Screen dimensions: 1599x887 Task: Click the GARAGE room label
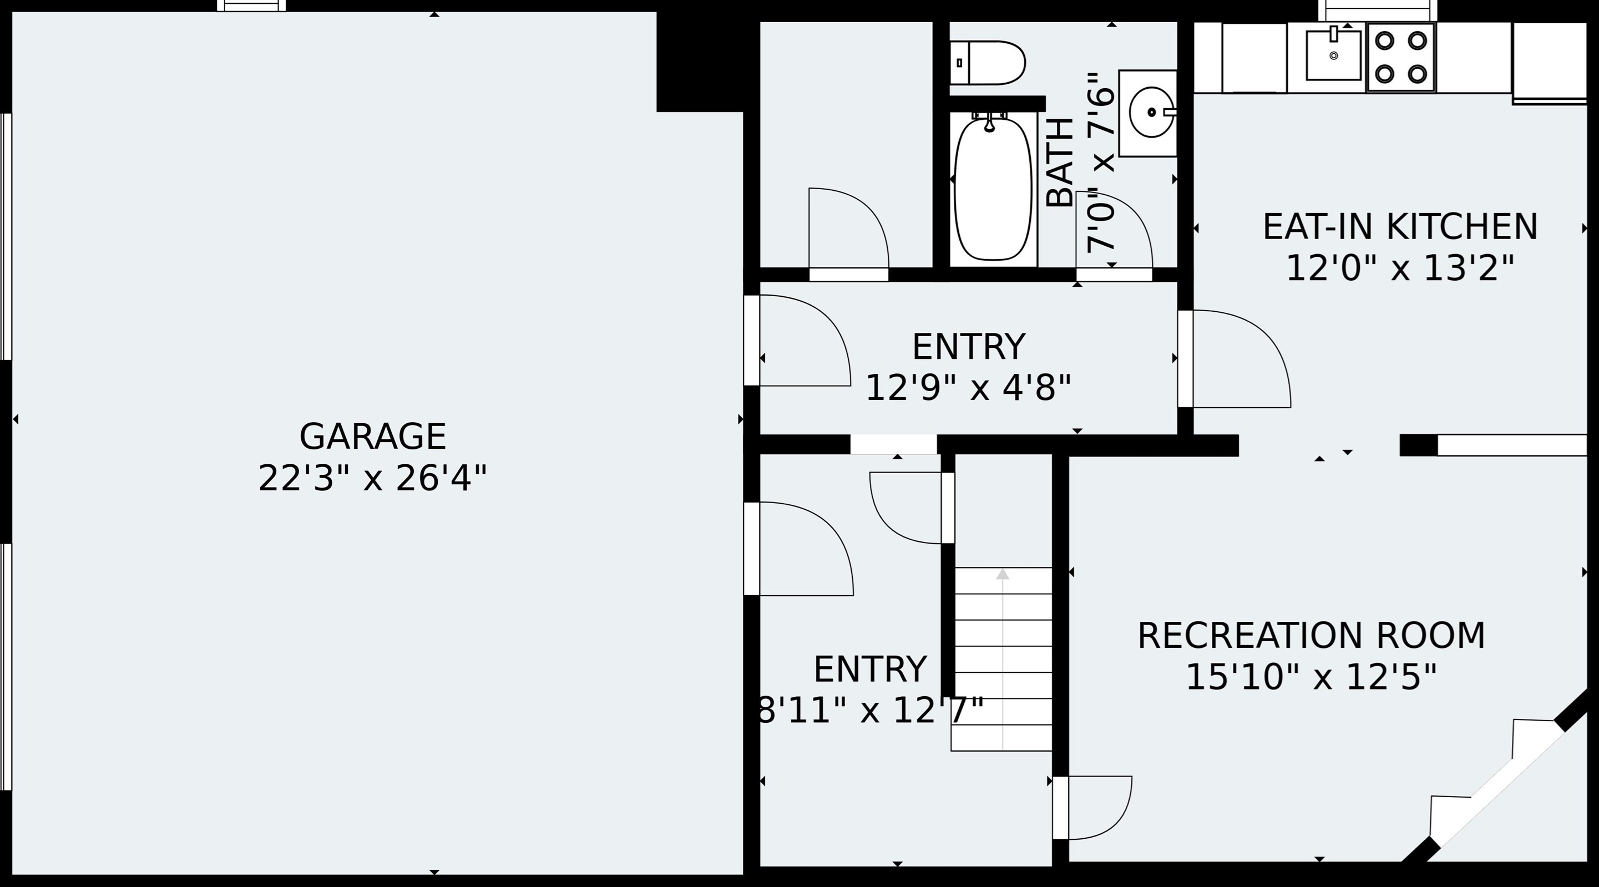372,437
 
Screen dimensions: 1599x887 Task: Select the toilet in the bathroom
988,63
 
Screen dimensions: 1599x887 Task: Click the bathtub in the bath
993,189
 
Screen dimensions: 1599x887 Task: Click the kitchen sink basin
1333,55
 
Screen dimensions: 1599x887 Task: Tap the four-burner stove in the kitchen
1401,57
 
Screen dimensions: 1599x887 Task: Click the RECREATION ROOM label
1311,636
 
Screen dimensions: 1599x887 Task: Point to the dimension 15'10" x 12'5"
1311,677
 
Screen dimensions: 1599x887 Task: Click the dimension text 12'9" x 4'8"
968,388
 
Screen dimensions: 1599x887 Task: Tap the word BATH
1060,163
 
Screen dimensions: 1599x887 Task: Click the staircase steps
1003,658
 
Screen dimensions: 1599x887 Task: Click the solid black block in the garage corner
700,62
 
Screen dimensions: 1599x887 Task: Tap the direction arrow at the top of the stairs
1003,575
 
